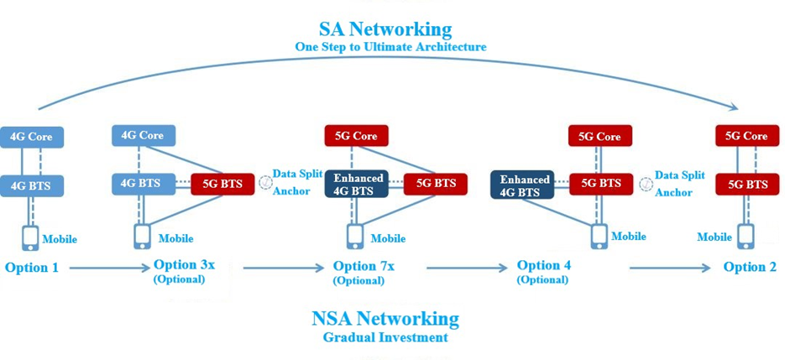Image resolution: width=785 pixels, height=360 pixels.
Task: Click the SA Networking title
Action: [385, 29]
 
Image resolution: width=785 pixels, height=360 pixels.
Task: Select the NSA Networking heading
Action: [385, 319]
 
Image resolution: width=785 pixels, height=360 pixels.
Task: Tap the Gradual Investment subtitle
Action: [385, 337]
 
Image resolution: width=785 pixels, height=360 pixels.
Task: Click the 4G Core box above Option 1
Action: [32, 137]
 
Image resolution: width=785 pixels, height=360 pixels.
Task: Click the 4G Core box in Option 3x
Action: [144, 135]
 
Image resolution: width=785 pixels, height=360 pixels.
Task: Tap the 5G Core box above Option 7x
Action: [356, 135]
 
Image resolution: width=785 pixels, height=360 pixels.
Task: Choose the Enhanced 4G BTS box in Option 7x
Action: [356, 185]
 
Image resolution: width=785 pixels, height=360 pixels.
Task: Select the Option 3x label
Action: [184, 265]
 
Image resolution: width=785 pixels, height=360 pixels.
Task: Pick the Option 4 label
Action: [544, 265]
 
